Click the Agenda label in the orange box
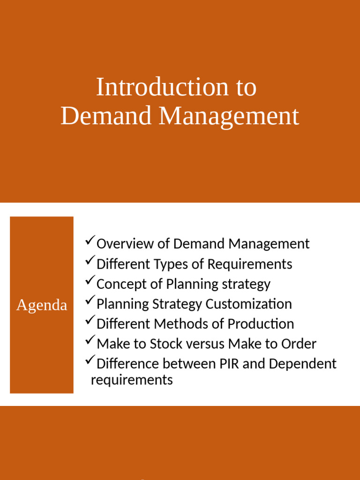point(42,305)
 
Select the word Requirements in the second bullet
point(250,264)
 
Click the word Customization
point(248,304)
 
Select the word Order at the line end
point(299,344)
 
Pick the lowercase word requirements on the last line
point(132,380)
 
